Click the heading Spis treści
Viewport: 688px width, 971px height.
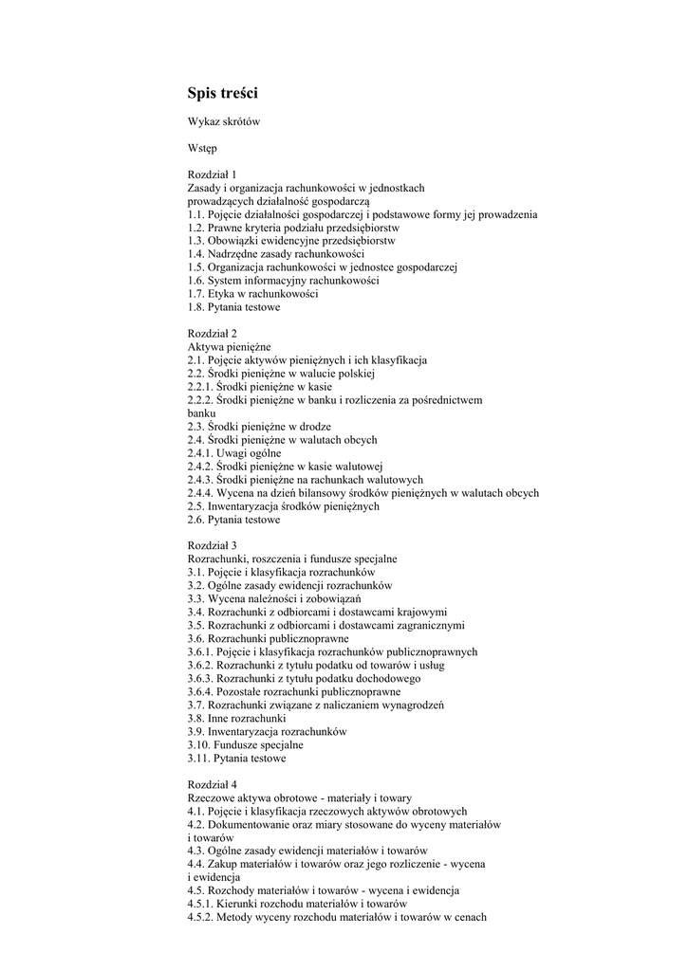(222, 93)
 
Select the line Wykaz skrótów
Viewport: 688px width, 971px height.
(224, 121)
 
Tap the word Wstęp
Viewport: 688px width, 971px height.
(202, 148)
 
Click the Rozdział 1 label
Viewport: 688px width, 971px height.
(213, 174)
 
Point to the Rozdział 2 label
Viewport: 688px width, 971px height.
(213, 334)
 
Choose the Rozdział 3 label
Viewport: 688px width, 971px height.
(213, 546)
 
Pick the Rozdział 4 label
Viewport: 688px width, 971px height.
(213, 785)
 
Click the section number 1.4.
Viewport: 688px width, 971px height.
(196, 254)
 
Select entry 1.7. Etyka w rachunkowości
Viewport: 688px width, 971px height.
(252, 294)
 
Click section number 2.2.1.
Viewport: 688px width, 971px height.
(200, 387)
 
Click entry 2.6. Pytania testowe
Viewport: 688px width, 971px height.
(233, 520)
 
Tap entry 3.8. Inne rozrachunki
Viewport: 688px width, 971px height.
(236, 719)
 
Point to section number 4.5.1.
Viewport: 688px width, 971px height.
(200, 905)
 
